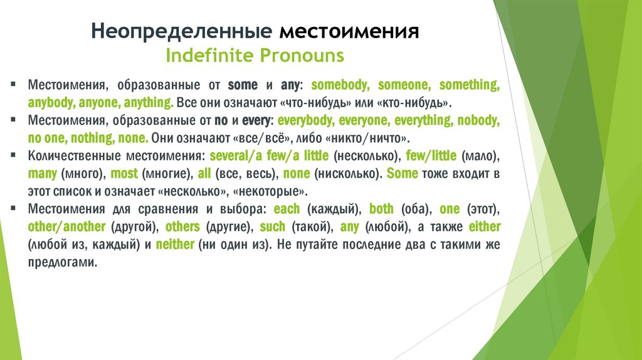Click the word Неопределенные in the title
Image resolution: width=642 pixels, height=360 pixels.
tap(180, 31)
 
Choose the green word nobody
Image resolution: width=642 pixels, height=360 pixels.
tap(478, 120)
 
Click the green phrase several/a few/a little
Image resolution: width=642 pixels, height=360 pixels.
tap(270, 156)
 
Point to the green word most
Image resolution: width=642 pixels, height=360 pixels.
tap(124, 174)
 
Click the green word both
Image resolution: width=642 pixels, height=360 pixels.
tap(381, 209)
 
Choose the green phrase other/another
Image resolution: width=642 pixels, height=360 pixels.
tap(67, 226)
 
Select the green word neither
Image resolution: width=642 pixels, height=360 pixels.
tap(175, 245)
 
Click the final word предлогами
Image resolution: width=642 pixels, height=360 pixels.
tap(63, 262)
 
